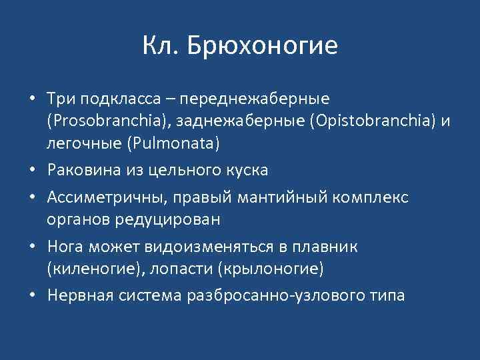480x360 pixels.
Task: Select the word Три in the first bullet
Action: click(x=61, y=99)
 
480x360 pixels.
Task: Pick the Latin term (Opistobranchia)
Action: click(x=357, y=121)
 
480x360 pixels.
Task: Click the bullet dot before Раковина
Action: click(x=32, y=171)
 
